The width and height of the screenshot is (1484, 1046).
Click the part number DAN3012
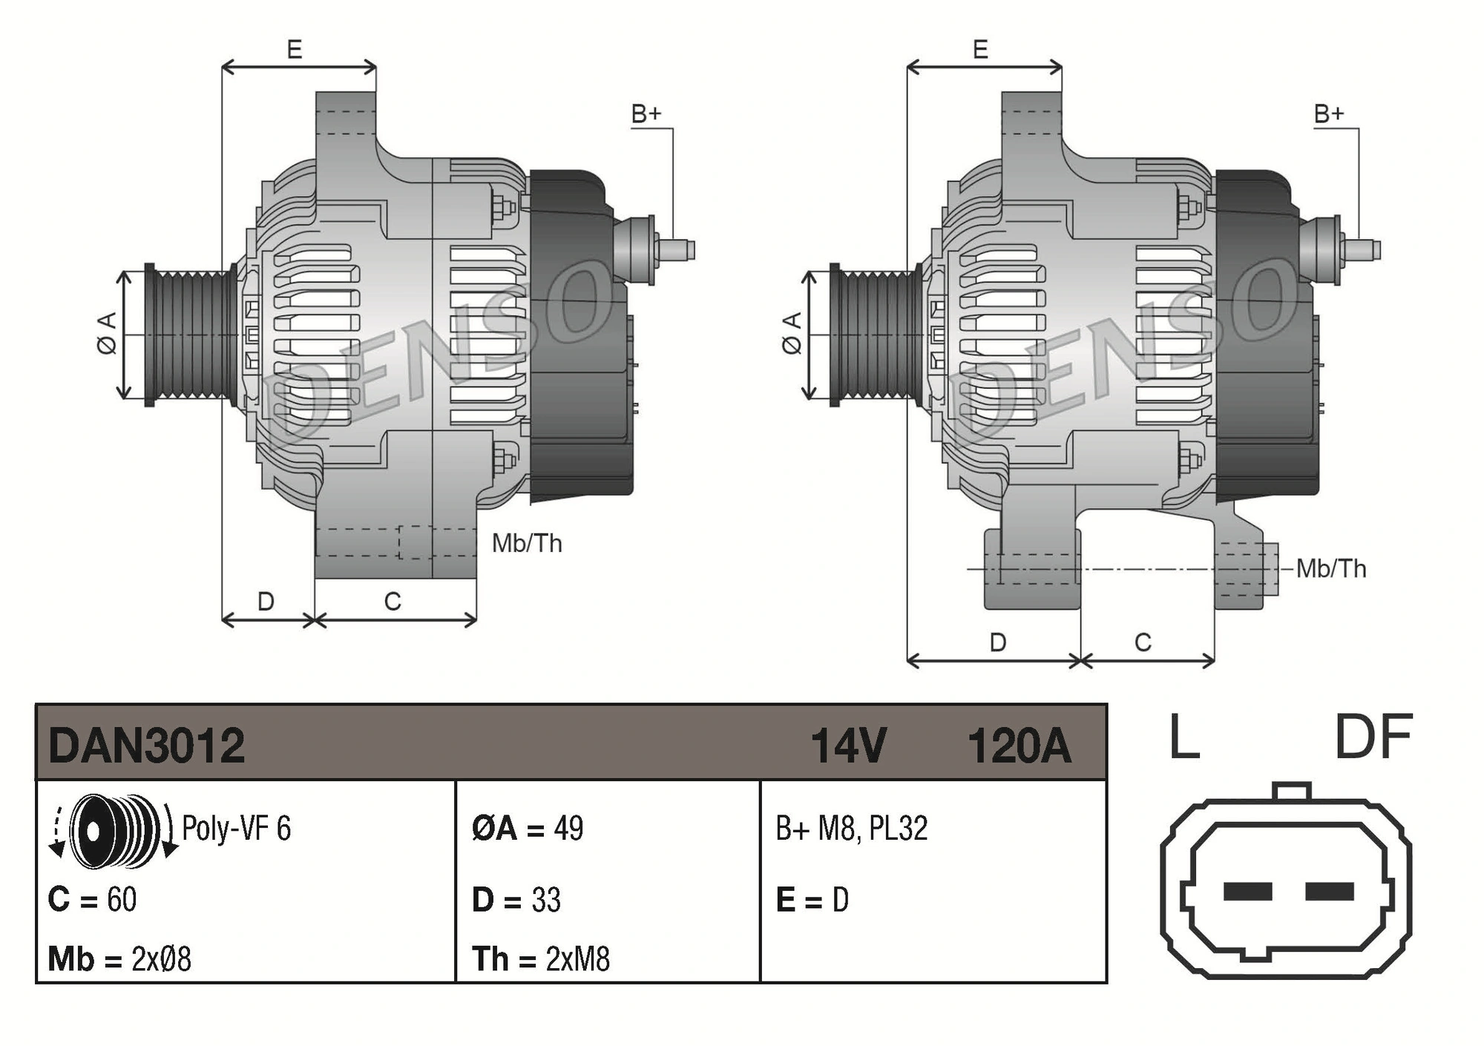(x=146, y=746)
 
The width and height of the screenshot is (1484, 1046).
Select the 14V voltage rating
(x=848, y=746)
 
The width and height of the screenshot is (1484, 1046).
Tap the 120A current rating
(x=1019, y=746)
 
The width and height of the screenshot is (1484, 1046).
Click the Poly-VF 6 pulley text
(x=236, y=829)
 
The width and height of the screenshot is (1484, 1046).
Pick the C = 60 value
(x=92, y=900)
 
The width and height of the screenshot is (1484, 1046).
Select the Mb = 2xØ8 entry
(x=119, y=959)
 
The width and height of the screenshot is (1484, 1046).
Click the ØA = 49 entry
(x=528, y=829)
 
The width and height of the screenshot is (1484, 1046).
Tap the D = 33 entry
(x=516, y=900)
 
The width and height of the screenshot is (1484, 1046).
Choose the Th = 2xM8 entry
(x=541, y=959)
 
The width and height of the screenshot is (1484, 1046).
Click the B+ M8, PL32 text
(x=851, y=829)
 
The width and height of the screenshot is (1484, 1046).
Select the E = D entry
(x=812, y=900)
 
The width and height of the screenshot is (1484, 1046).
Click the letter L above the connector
(x=1184, y=737)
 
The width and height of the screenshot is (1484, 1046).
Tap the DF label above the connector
(x=1373, y=737)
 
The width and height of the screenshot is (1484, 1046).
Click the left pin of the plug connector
(x=1247, y=891)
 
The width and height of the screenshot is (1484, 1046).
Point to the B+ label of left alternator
(x=646, y=114)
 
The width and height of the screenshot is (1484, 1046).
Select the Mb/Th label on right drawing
(x=1330, y=569)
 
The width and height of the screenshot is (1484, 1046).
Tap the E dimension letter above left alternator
(x=295, y=50)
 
